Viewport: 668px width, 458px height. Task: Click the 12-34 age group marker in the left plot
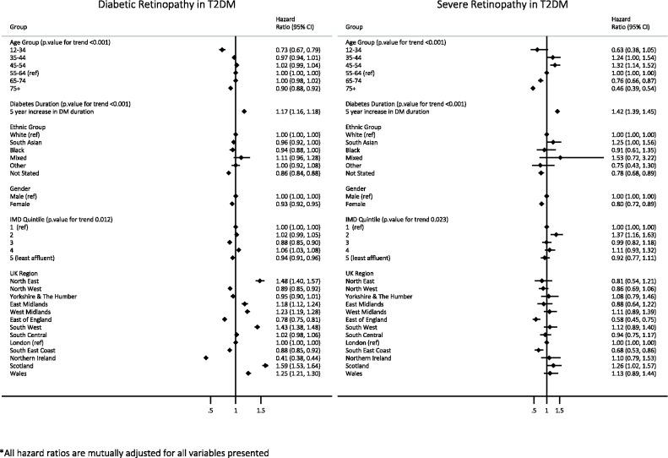tap(221, 50)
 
